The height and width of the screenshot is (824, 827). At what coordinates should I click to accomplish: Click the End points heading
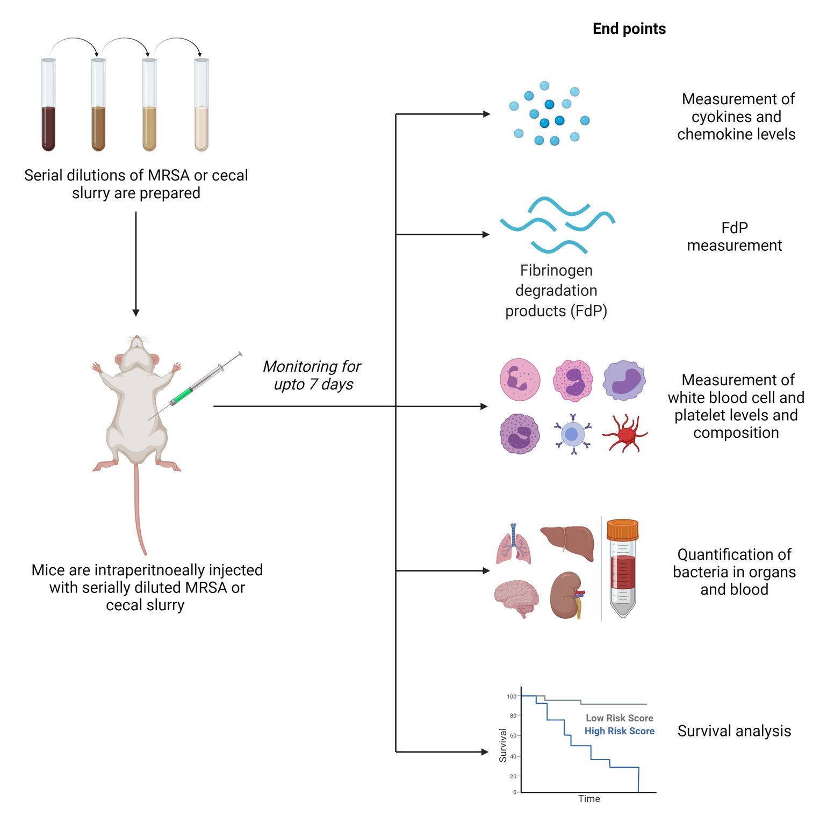[x=629, y=29]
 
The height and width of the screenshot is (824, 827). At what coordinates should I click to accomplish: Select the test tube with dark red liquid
[x=48, y=107]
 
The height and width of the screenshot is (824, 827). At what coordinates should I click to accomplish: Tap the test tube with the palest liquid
[x=202, y=107]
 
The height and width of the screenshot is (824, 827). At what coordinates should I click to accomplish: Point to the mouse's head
[x=137, y=355]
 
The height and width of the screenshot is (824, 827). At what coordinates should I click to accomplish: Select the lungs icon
[x=514, y=545]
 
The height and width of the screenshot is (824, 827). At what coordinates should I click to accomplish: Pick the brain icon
[x=516, y=598]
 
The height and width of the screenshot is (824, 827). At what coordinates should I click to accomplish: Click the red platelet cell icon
[x=625, y=433]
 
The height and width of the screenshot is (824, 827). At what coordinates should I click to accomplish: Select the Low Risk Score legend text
[x=619, y=718]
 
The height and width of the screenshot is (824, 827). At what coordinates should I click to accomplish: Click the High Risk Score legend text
[x=619, y=731]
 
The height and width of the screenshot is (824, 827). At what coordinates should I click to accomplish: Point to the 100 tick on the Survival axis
[x=511, y=697]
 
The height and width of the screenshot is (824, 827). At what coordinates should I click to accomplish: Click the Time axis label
[x=589, y=799]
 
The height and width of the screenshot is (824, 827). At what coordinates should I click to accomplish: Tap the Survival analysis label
[x=734, y=731]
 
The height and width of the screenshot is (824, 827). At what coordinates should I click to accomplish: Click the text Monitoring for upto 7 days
[x=312, y=375]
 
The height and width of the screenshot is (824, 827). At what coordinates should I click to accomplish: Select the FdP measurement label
[x=734, y=236]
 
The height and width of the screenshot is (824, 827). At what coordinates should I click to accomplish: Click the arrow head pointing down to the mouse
[x=136, y=313]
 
